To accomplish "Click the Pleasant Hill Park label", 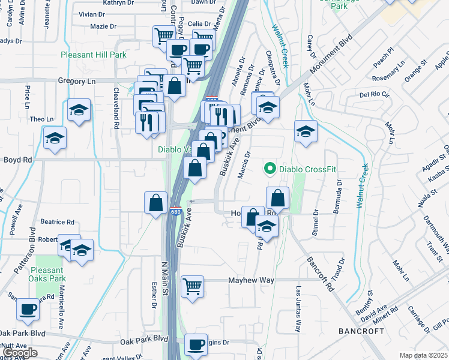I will click(x=93, y=55).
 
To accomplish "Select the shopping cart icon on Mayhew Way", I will click(x=193, y=286).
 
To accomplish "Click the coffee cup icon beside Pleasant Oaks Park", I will click(x=28, y=309).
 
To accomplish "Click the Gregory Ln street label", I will click(x=77, y=80).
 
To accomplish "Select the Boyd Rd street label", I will click(x=17, y=160).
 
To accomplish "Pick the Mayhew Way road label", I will click(x=252, y=280).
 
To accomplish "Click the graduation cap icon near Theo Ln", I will click(x=79, y=110).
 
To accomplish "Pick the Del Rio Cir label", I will click(x=374, y=95).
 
